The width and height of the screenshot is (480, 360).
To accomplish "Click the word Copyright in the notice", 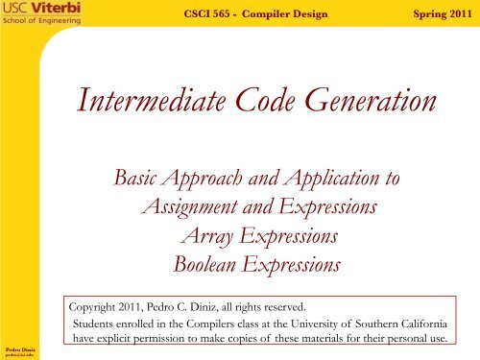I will pyautogui.click(x=98, y=304).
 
